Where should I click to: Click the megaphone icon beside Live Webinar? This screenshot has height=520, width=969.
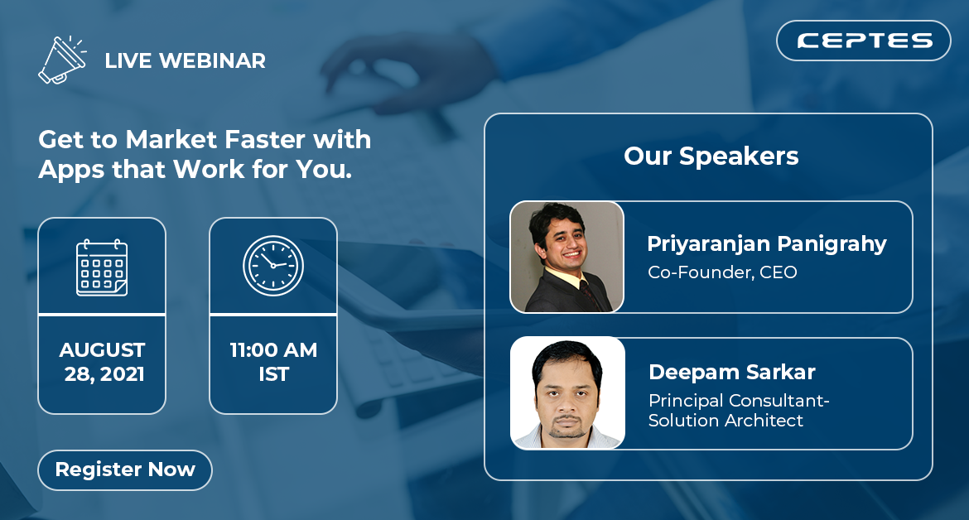pos(62,60)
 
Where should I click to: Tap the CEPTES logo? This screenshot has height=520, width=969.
pos(863,41)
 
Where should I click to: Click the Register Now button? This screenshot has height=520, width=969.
pos(125,470)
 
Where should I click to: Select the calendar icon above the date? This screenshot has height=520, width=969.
pos(102,267)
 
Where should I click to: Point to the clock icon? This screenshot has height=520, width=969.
pos(273,266)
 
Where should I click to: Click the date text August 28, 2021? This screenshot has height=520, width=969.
pos(103,362)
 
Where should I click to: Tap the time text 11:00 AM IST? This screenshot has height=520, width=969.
pos(273,362)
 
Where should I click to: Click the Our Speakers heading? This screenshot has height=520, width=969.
pos(711,156)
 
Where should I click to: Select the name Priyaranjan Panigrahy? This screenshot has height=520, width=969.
pos(766,244)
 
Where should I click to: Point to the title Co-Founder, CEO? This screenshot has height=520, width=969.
pos(722,272)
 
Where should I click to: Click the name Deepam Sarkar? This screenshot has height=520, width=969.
pos(731,372)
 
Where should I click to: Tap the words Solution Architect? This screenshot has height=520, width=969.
pos(726,421)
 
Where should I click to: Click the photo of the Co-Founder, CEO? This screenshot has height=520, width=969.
pos(566,257)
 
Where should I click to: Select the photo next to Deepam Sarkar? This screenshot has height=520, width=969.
pos(567,392)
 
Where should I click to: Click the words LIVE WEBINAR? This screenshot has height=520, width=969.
pos(186,60)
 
